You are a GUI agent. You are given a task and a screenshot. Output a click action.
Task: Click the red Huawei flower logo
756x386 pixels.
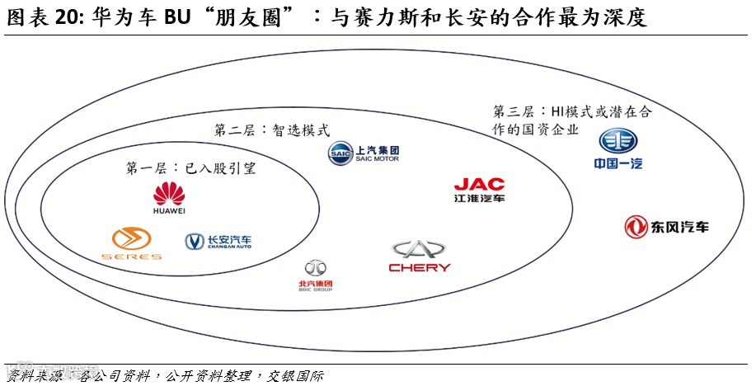[x=169, y=194]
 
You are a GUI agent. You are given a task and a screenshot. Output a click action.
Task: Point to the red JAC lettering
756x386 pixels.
[x=479, y=184]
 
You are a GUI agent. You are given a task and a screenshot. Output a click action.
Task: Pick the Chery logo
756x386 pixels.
[x=419, y=256]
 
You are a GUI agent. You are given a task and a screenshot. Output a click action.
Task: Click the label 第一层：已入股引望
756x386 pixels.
[x=190, y=169]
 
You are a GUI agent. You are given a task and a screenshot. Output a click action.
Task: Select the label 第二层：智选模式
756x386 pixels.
[x=271, y=130]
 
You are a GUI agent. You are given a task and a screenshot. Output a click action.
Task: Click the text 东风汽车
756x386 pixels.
[x=679, y=227]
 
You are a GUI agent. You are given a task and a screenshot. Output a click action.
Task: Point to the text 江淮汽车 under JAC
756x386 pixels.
[x=479, y=199]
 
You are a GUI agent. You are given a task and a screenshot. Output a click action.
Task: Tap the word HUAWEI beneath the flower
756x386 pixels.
[x=169, y=210]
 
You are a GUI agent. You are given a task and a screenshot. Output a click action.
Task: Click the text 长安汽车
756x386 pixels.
[x=229, y=240]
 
